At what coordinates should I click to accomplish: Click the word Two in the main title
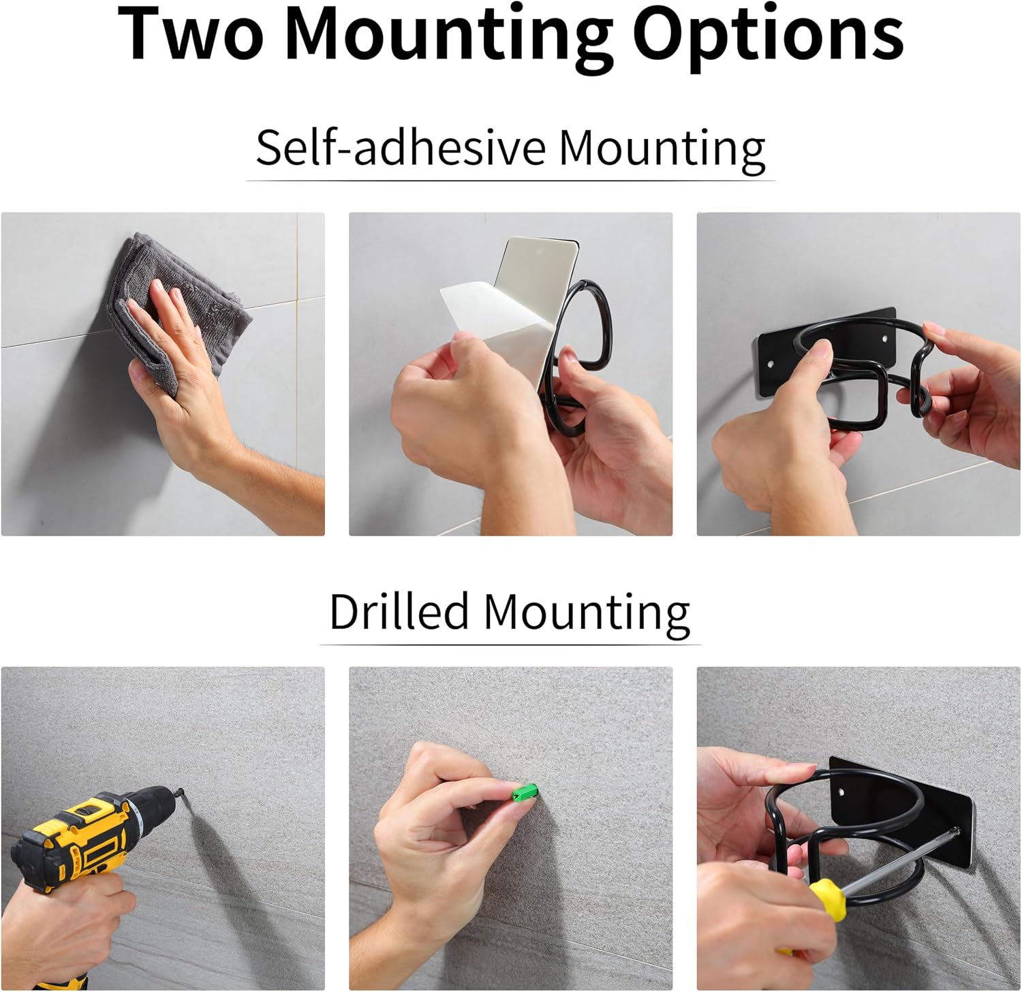(x=191, y=34)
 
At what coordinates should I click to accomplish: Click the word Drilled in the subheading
(x=399, y=610)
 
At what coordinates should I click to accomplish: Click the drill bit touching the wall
(x=182, y=792)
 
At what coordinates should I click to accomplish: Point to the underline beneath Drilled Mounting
(x=510, y=644)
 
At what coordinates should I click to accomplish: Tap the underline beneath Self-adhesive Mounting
(x=510, y=181)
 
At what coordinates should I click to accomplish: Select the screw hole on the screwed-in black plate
(x=842, y=792)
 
